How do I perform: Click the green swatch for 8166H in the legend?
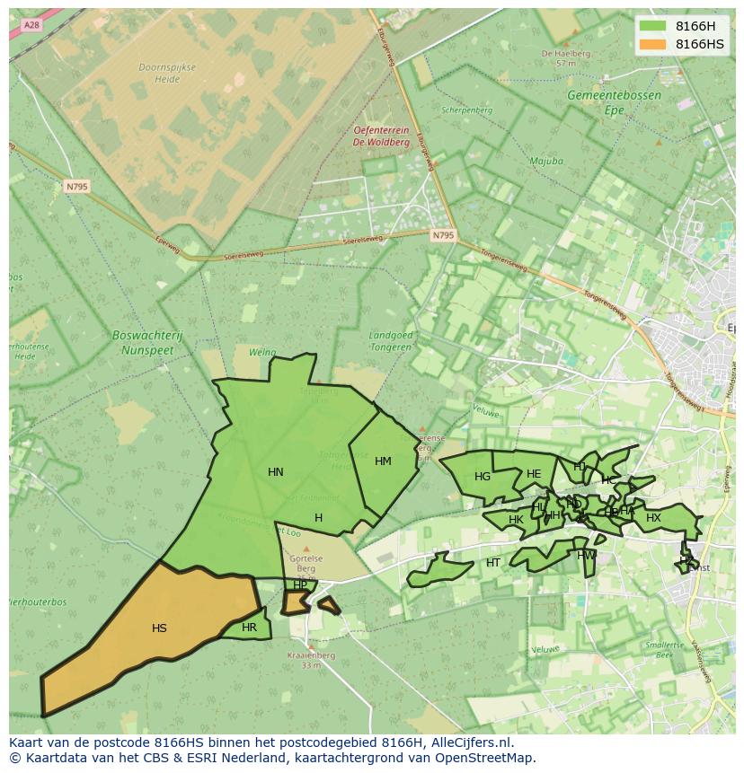[x=652, y=26]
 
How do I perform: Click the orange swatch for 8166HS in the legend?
[x=652, y=44]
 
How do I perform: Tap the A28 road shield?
[x=32, y=25]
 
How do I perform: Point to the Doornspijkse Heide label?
[x=160, y=73]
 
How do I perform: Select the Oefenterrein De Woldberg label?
[x=381, y=136]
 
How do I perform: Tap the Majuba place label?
[x=545, y=162]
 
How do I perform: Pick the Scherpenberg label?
[x=467, y=110]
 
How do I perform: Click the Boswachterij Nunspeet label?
[x=147, y=341]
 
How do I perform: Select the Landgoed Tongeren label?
[x=391, y=341]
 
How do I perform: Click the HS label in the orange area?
[x=159, y=628]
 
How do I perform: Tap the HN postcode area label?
[x=276, y=472]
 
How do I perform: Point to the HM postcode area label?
[x=383, y=461]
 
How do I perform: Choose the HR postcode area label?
[x=249, y=628]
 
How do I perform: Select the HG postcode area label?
[x=483, y=477]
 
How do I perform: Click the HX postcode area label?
[x=653, y=518]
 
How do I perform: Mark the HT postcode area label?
[x=492, y=563]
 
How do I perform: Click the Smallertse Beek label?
[x=664, y=650]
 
